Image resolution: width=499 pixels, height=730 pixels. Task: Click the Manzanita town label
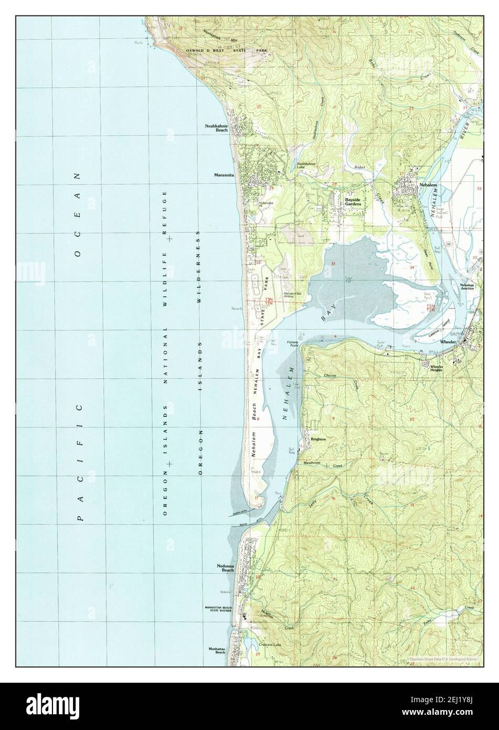[224, 175]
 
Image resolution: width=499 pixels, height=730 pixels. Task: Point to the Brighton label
[318, 439]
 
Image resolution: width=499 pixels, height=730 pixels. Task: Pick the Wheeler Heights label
[437, 368]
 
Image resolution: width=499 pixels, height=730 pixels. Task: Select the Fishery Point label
[292, 343]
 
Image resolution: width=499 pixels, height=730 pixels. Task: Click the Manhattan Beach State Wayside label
[218, 609]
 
